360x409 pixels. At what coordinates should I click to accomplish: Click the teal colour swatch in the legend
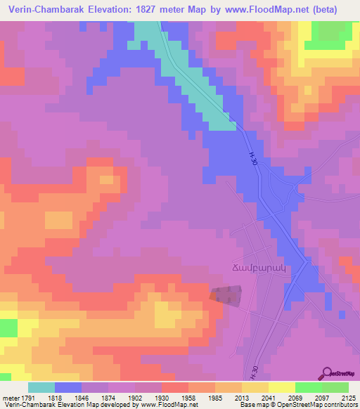click(x=41, y=387)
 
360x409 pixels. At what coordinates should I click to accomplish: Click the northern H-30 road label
click(x=252, y=159)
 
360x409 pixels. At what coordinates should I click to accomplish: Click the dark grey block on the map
click(x=229, y=294)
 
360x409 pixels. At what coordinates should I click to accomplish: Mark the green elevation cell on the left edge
click(x=8, y=328)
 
